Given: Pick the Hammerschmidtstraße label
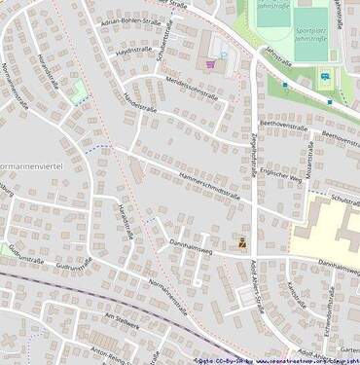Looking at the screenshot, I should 208,183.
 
